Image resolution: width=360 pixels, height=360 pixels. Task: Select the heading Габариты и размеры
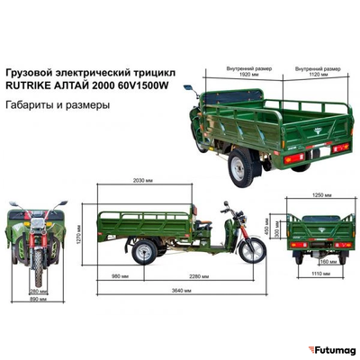pos(58,104)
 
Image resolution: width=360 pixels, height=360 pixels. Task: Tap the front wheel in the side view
pos(252,249)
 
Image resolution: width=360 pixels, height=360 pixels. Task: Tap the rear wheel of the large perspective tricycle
pos(239,168)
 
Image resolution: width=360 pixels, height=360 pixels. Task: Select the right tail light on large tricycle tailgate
pos(340,147)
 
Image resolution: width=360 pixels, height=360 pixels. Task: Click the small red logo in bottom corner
pos(310,349)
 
